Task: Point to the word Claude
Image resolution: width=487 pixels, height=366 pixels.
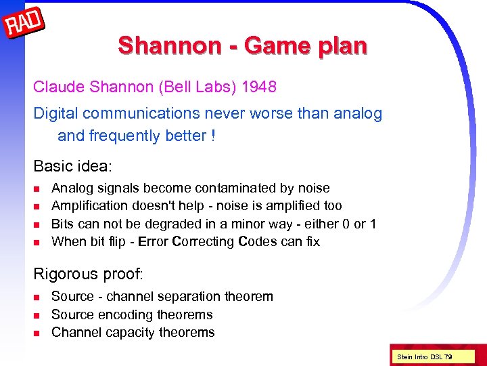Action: [56, 87]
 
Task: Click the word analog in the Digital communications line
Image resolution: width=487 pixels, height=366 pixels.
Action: [358, 113]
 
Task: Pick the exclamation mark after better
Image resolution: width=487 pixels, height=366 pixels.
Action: [213, 136]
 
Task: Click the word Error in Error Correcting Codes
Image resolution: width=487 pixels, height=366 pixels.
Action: [152, 241]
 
